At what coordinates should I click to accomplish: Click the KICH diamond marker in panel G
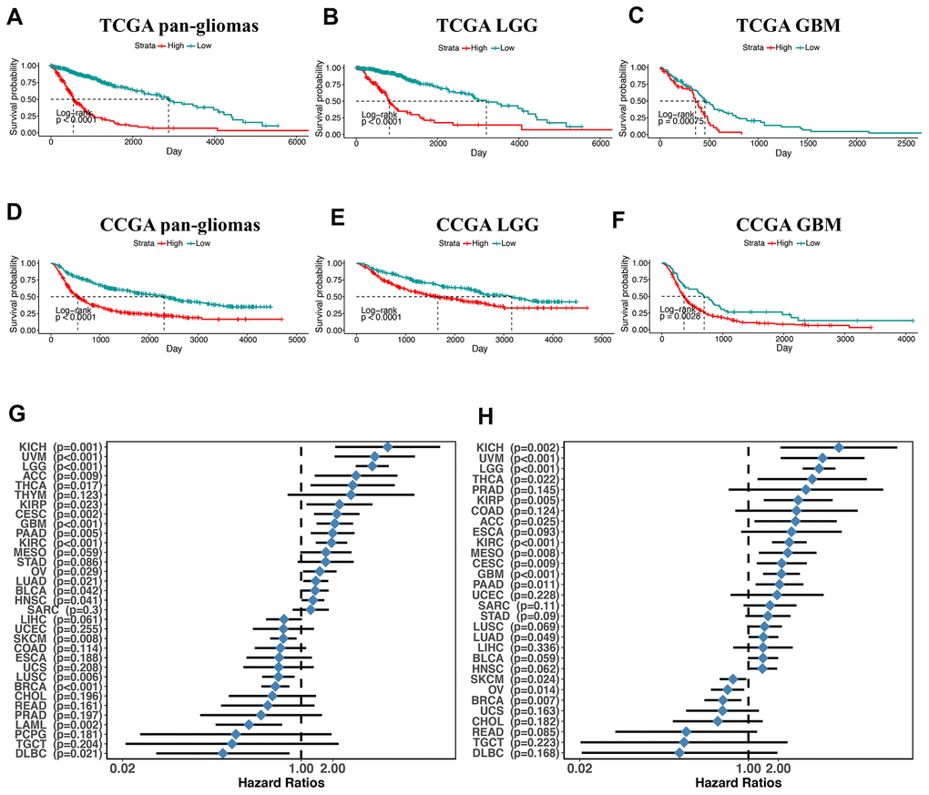387,447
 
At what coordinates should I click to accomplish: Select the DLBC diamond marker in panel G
223,753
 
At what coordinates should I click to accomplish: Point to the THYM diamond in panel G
350,494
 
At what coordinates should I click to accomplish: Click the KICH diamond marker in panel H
839,447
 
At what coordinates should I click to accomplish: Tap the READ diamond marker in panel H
686,731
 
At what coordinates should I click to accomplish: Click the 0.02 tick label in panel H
579,770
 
